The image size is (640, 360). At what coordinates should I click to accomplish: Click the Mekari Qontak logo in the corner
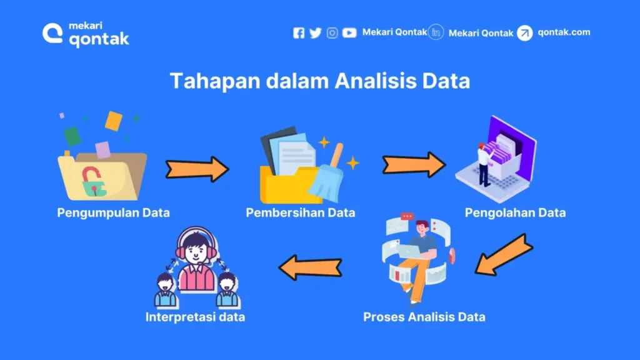(86, 34)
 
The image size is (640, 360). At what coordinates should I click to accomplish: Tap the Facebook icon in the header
(299, 33)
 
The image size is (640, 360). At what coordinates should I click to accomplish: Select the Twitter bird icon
(315, 33)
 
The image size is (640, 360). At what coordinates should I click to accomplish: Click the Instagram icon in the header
(332, 33)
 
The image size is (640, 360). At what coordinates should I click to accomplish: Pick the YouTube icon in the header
(349, 33)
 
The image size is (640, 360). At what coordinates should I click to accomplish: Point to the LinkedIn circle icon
(437, 32)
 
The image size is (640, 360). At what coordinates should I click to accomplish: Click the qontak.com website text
(563, 32)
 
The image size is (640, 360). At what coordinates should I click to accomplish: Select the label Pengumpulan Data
(113, 212)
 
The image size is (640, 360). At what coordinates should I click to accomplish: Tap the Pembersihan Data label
(300, 212)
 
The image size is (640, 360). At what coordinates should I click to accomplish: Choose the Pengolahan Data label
(515, 212)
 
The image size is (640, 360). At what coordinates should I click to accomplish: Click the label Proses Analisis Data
(424, 317)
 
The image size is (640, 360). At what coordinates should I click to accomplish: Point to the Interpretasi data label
(195, 317)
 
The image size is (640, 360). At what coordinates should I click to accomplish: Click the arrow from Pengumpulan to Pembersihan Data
(197, 169)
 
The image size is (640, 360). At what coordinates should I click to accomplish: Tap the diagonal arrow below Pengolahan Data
(502, 255)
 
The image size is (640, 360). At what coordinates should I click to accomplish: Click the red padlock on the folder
(91, 179)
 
